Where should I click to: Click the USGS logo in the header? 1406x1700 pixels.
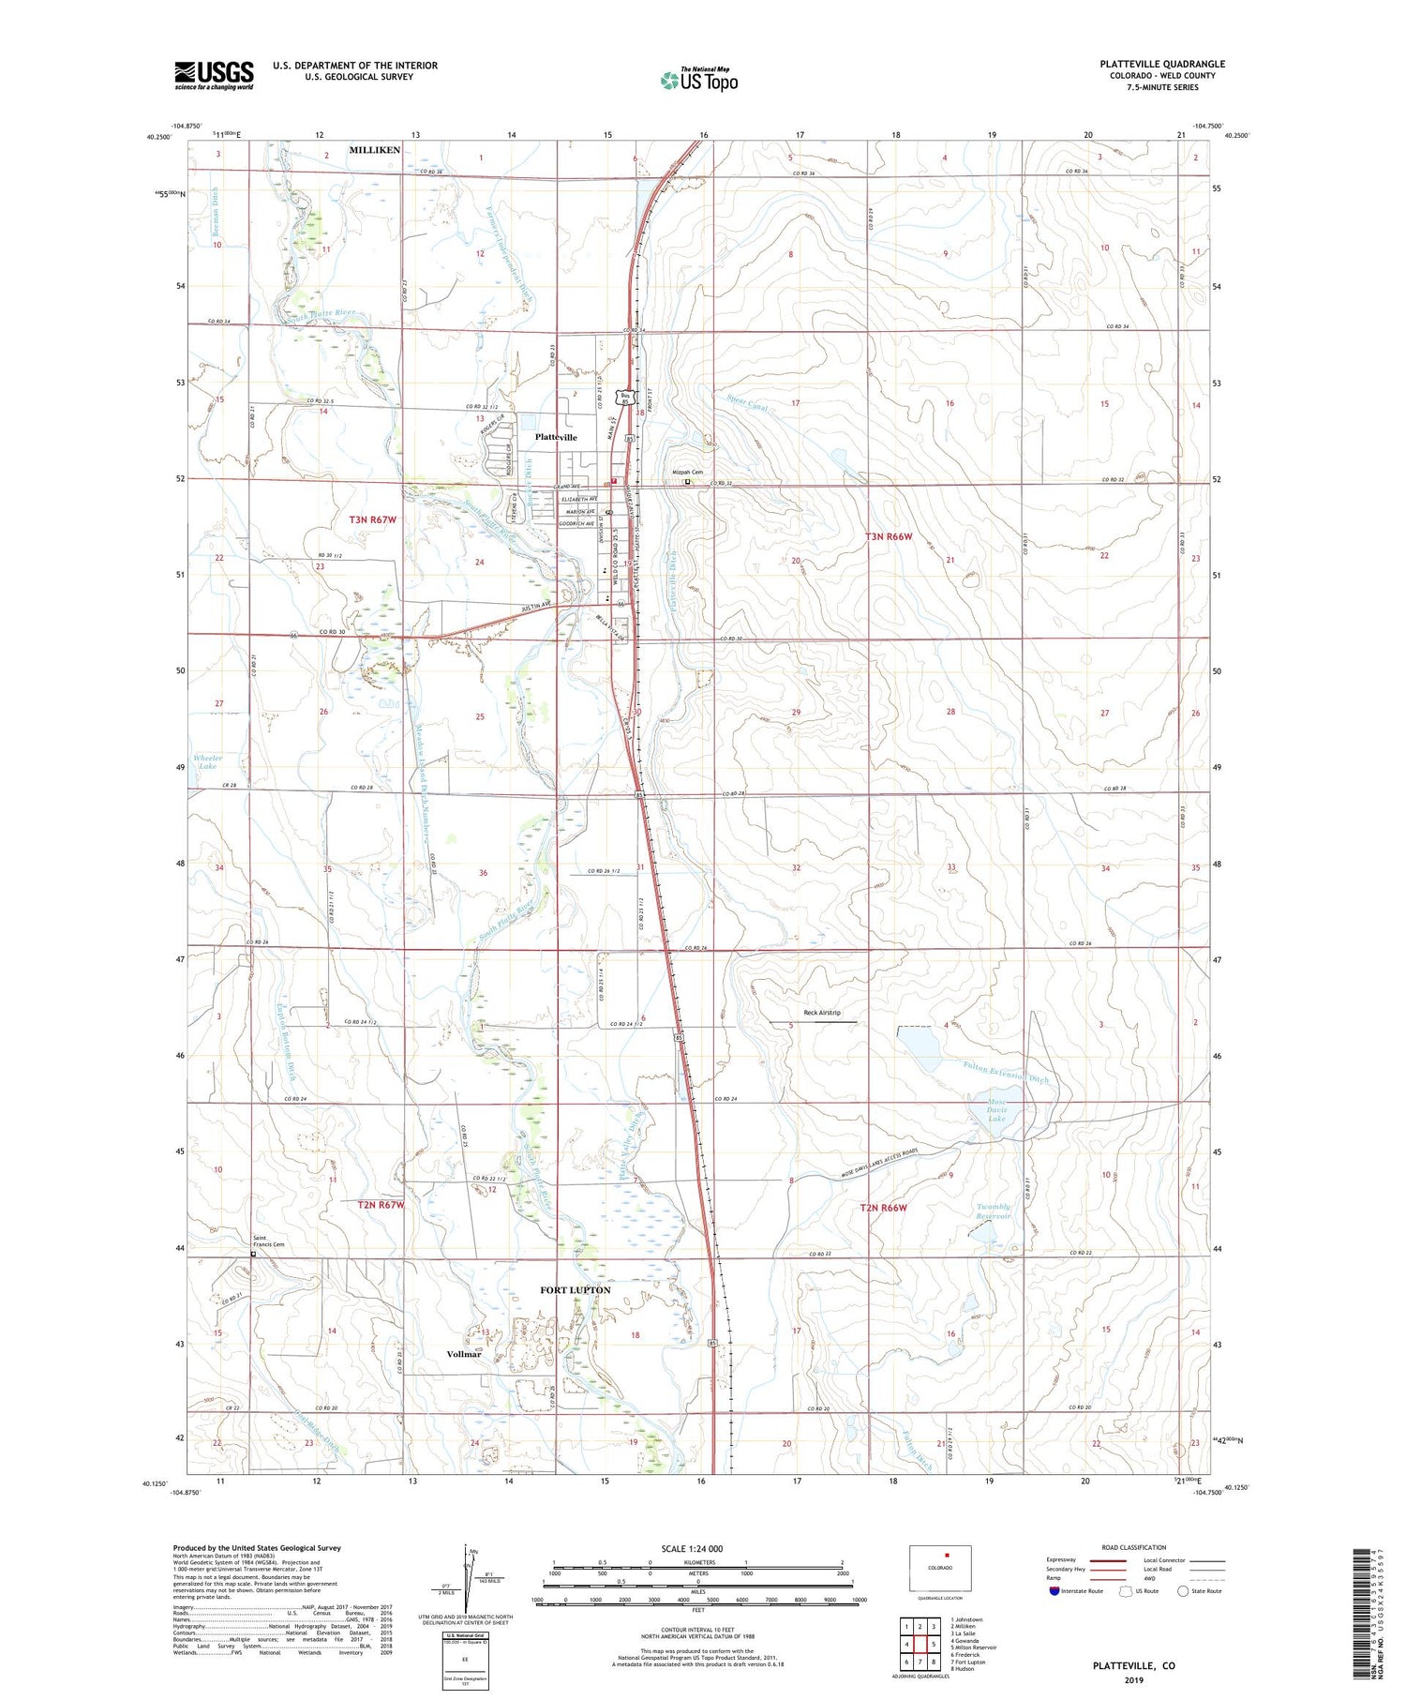(214, 75)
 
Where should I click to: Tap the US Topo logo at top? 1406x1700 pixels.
(698, 81)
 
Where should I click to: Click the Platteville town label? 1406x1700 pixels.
(556, 437)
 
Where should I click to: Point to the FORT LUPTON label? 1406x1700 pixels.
(575, 1290)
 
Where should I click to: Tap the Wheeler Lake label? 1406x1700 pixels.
(208, 761)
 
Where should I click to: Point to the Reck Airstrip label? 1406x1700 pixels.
(822, 1013)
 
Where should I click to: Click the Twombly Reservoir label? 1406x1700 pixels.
(993, 1211)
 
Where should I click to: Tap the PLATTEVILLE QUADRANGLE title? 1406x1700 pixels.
(1162, 64)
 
